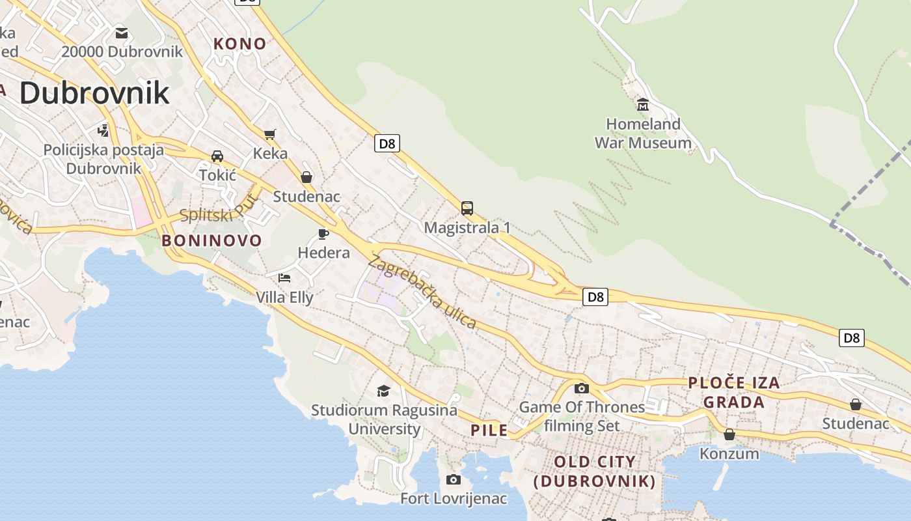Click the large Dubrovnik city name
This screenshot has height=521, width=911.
94,93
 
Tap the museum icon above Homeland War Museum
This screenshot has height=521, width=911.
643,104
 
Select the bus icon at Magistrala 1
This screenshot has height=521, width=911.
467,208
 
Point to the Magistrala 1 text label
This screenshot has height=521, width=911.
467,228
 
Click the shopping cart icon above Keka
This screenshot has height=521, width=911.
270,134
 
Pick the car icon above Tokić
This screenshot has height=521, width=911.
217,156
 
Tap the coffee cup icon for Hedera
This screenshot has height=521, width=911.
323,234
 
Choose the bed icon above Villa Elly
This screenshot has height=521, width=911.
284,278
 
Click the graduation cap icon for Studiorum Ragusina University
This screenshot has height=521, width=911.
383,391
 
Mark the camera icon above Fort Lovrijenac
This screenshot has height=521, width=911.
454,480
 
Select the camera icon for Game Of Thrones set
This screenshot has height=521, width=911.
582,389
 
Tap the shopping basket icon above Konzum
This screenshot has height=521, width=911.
729,434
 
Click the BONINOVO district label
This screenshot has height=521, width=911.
211,241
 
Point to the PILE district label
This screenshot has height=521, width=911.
489,430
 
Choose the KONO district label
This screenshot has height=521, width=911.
240,44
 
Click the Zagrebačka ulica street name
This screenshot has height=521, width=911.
422,292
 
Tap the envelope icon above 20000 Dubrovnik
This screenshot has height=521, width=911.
122,33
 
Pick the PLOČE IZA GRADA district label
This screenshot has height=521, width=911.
734,392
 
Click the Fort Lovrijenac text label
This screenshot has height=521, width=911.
454,500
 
